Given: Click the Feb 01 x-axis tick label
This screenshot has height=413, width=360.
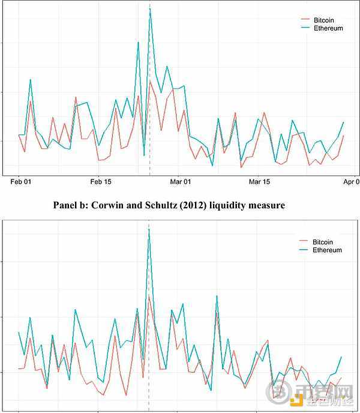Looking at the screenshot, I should click(x=20, y=181).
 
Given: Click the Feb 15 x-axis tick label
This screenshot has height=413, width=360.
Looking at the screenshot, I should click(x=100, y=181).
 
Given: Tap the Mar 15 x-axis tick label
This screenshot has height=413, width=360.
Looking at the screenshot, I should click(x=260, y=181).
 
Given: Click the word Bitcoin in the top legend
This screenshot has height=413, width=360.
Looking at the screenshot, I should click(x=324, y=20).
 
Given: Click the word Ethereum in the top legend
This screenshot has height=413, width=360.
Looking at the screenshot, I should click(x=328, y=28).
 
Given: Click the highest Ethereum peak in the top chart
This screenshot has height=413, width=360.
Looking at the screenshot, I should click(x=150, y=8).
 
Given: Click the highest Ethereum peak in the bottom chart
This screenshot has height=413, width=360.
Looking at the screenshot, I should click(x=149, y=229).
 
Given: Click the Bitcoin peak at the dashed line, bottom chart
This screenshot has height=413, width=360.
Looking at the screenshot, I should click(x=149, y=295).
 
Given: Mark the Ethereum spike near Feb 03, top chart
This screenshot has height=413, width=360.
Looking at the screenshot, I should click(x=31, y=79).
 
